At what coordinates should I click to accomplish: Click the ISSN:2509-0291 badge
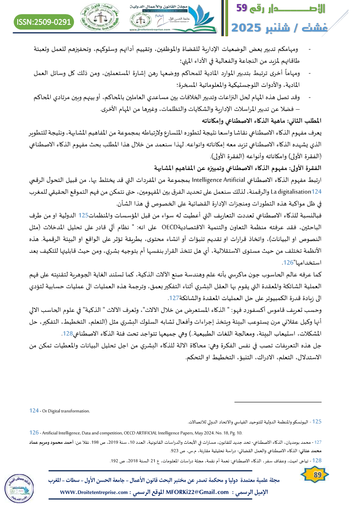(44, 21)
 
